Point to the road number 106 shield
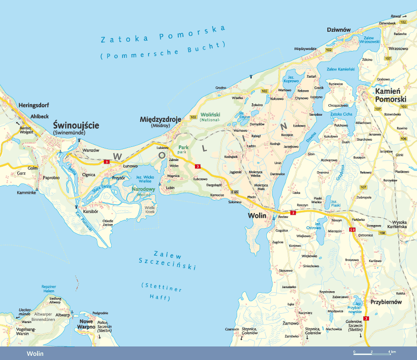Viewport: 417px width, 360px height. point(403,139)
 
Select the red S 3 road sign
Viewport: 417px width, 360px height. point(352,230)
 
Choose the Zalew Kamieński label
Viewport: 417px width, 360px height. point(340,69)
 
